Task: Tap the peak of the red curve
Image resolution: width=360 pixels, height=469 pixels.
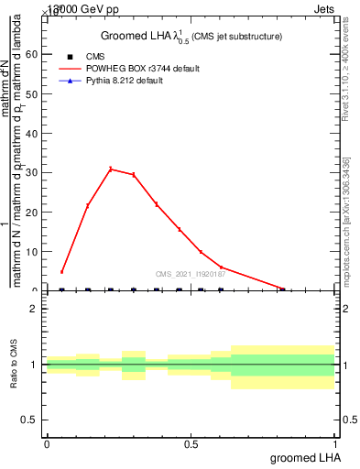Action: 111,169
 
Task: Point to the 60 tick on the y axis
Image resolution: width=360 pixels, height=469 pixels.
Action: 33,54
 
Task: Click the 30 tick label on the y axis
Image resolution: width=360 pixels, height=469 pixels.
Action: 33,172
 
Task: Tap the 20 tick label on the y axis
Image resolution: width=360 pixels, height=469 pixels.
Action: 33,212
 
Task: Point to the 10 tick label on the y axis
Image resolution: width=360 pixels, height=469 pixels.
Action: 33,251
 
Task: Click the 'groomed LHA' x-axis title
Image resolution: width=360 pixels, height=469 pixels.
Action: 305,457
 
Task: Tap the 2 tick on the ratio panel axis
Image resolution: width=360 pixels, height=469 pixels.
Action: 36,309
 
